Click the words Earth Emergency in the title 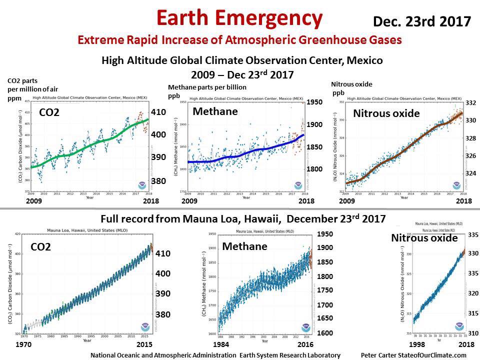[239, 18]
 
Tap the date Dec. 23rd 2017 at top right [422, 21]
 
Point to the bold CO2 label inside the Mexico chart [49, 113]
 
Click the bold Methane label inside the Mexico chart [215, 111]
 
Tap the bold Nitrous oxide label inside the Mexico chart [386, 113]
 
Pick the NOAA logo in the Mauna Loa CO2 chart [145, 326]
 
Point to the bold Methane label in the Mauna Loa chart [245, 246]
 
